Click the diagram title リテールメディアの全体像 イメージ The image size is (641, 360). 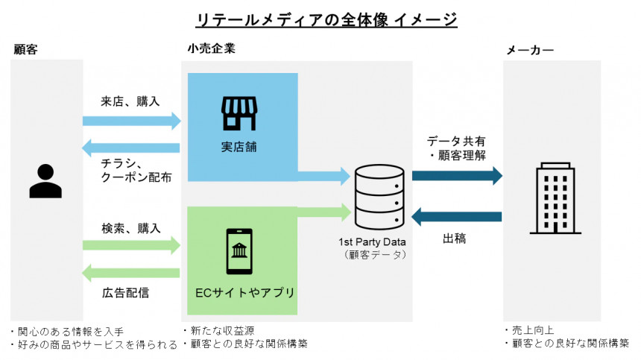click(320, 19)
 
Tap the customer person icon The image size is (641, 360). click(45, 180)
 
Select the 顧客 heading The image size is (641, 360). click(25, 50)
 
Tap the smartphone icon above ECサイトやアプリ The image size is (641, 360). click(239, 251)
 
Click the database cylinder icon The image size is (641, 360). click(379, 197)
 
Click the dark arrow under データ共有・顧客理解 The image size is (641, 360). click(457, 176)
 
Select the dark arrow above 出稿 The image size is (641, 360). click(457, 216)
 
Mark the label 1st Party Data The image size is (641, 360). click(373, 242)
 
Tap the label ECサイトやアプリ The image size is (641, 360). click(239, 291)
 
